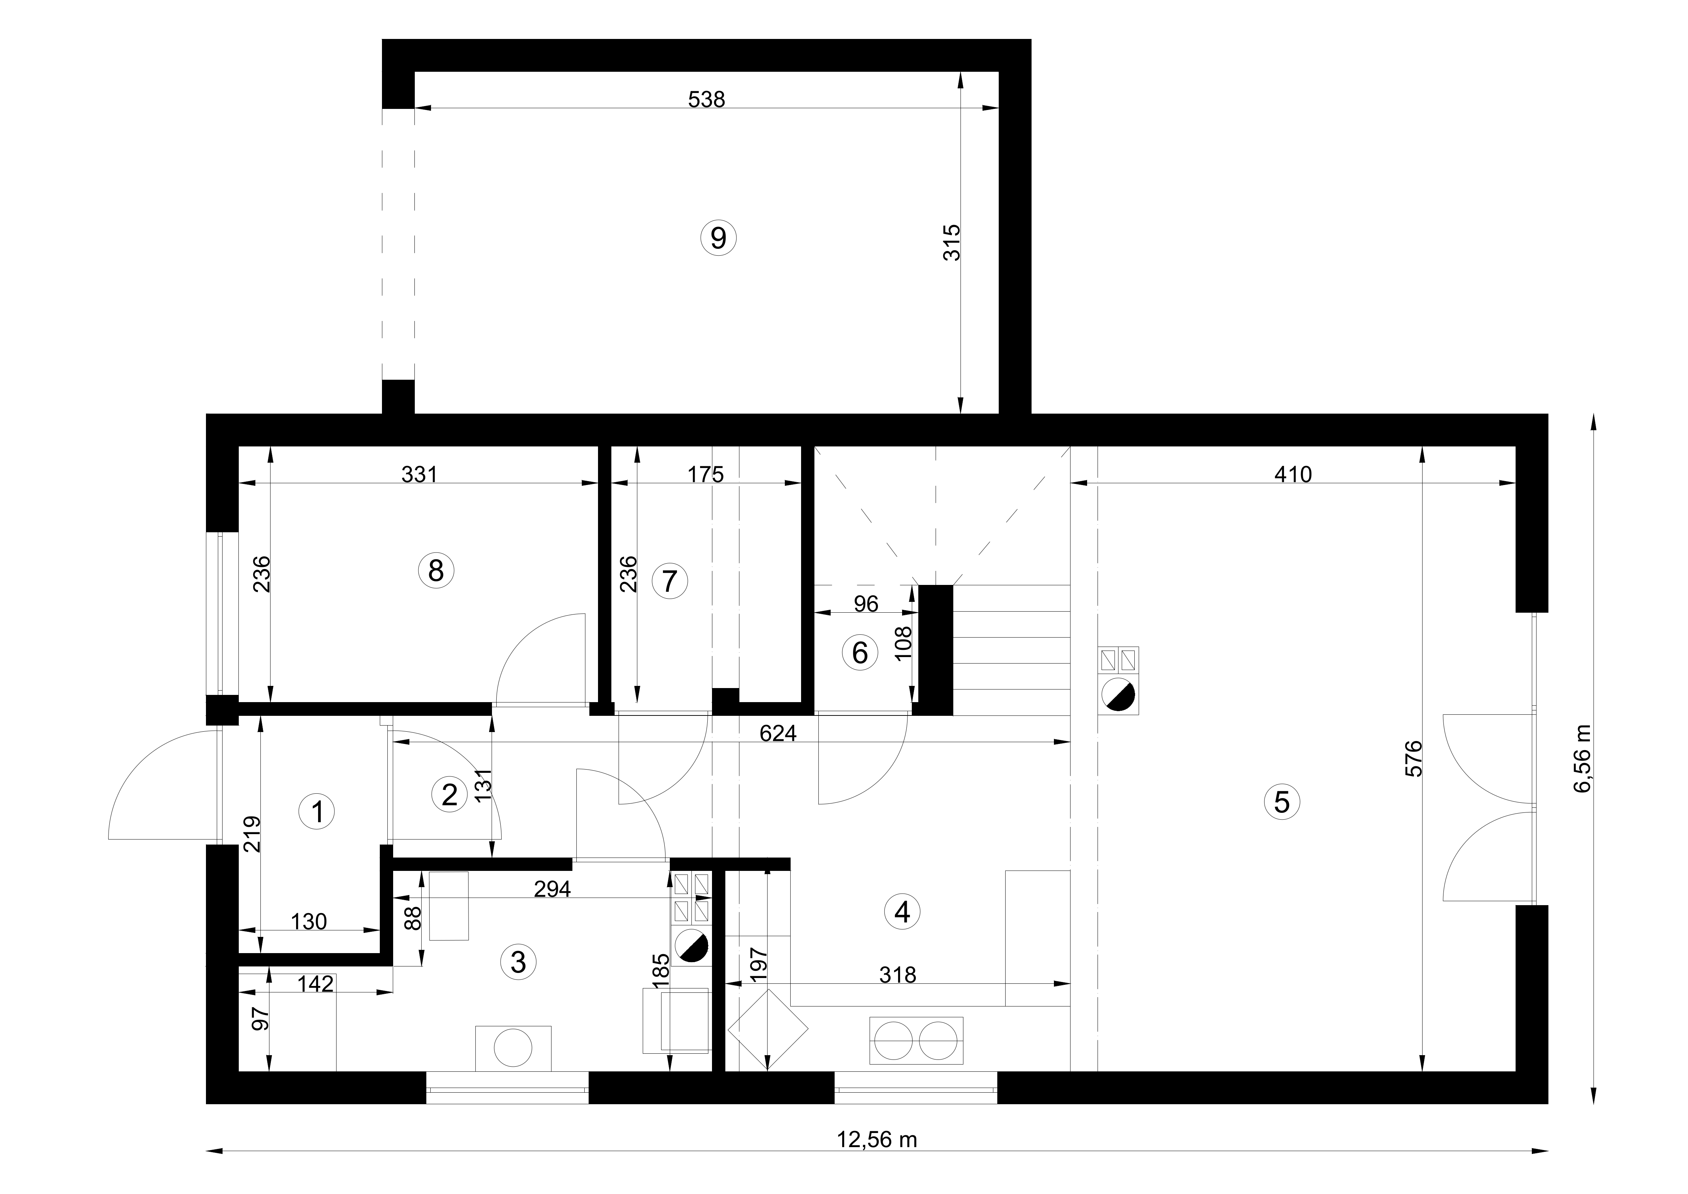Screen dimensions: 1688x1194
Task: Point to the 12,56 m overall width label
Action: coord(877,1140)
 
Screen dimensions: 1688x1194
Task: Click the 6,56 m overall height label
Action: coord(1581,759)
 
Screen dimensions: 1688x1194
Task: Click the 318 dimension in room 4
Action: coord(898,975)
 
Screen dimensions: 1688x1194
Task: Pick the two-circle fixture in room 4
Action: coord(916,1040)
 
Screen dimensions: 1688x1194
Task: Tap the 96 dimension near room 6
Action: coord(866,604)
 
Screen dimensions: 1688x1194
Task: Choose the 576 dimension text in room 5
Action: coord(1414,759)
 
